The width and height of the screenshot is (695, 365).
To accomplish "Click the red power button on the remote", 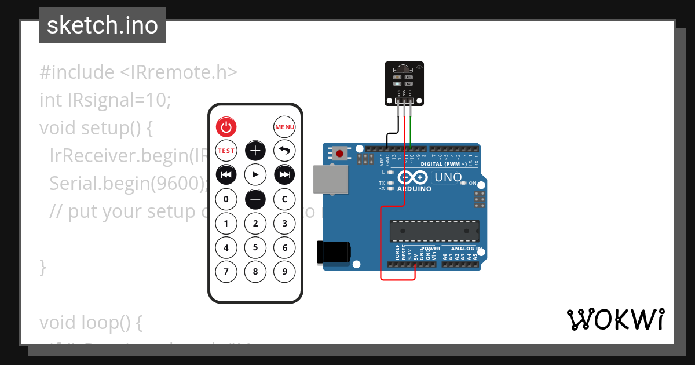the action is pyautogui.click(x=226, y=127).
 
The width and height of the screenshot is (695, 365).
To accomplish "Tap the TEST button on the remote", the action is pyautogui.click(x=226, y=151).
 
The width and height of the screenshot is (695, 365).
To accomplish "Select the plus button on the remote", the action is pyautogui.click(x=255, y=151).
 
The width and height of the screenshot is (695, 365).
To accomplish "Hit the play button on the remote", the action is pyautogui.click(x=255, y=174).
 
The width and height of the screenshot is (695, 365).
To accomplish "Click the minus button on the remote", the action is pyautogui.click(x=255, y=199).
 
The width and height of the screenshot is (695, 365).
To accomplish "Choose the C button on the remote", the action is pyautogui.click(x=284, y=199).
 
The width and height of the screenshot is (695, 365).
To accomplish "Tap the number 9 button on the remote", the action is pyautogui.click(x=284, y=271).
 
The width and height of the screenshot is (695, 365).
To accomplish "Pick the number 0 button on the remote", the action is pyautogui.click(x=226, y=199).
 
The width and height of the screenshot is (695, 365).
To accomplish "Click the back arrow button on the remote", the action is pyautogui.click(x=284, y=151).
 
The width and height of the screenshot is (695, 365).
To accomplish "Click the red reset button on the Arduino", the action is pyautogui.click(x=339, y=154).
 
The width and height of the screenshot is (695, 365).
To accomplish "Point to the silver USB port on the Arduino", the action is pyautogui.click(x=331, y=179).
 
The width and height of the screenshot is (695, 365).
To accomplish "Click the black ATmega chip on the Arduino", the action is pyautogui.click(x=434, y=230).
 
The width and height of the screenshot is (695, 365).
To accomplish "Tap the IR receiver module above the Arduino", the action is pyautogui.click(x=405, y=84).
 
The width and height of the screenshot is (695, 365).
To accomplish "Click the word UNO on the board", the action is pyautogui.click(x=448, y=177).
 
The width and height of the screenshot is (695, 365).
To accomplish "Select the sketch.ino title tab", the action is pyautogui.click(x=103, y=25).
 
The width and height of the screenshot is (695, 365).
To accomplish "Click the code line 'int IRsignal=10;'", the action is pyautogui.click(x=105, y=100).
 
